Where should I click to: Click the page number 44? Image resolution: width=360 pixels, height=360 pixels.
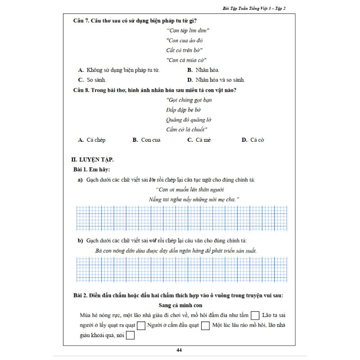pos(179,350)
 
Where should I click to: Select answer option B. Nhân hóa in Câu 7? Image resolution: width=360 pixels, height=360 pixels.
pos(201,70)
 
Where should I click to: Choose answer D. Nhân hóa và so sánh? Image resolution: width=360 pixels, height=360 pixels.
pos(216,80)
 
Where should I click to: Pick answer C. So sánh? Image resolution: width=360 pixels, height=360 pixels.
pos(92,80)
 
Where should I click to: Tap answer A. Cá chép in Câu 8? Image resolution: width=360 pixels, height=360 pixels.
pos(92,140)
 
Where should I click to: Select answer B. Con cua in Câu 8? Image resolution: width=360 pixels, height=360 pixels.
pos(147,140)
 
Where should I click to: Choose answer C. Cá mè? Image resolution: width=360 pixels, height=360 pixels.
pos(199,140)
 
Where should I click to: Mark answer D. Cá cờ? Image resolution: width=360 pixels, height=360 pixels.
pos(253,140)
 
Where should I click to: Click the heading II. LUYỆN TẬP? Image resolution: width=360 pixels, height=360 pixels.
pos(92,159)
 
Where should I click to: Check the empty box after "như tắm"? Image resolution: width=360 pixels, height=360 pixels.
pos(255,315)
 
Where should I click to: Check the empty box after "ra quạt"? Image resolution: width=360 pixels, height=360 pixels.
pos(141,325)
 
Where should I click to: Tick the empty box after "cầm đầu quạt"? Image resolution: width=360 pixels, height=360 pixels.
pos(206,325)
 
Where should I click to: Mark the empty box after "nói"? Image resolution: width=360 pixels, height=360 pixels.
pos(131,335)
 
